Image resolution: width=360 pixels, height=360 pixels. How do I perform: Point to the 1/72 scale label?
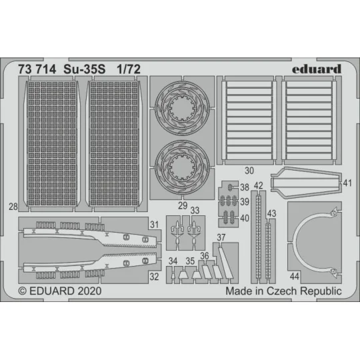(x=128, y=69)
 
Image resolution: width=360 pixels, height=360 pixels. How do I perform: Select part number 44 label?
(x=295, y=275)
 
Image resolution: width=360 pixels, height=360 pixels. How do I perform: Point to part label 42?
(x=259, y=185)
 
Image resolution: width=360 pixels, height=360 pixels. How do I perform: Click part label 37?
(x=221, y=238)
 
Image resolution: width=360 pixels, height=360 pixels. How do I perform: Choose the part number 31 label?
(x=154, y=225)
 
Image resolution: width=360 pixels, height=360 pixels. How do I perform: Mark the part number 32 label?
(x=154, y=274)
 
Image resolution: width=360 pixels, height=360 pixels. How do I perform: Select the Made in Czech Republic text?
(x=283, y=291)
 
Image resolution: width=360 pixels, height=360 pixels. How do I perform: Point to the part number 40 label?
(x=245, y=217)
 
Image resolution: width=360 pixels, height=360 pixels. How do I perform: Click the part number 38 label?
(x=245, y=187)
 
